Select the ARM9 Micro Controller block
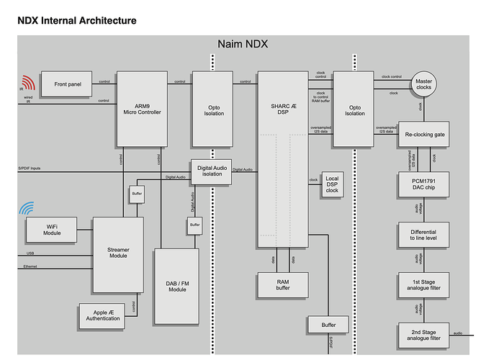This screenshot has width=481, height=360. tap(146, 107)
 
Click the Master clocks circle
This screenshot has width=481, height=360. tap(423, 84)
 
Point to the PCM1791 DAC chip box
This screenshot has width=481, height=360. tap(423, 184)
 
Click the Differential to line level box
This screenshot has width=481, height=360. tap(423, 235)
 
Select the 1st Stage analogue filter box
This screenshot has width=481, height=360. tap(423, 285)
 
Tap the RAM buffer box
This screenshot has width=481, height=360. tap(282, 285)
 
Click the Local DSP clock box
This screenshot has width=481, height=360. tap(331, 184)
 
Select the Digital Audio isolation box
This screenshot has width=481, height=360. tap(210, 171)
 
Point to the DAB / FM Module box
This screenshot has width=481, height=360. tap(176, 285)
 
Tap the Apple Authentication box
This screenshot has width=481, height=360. tap(102, 314)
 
